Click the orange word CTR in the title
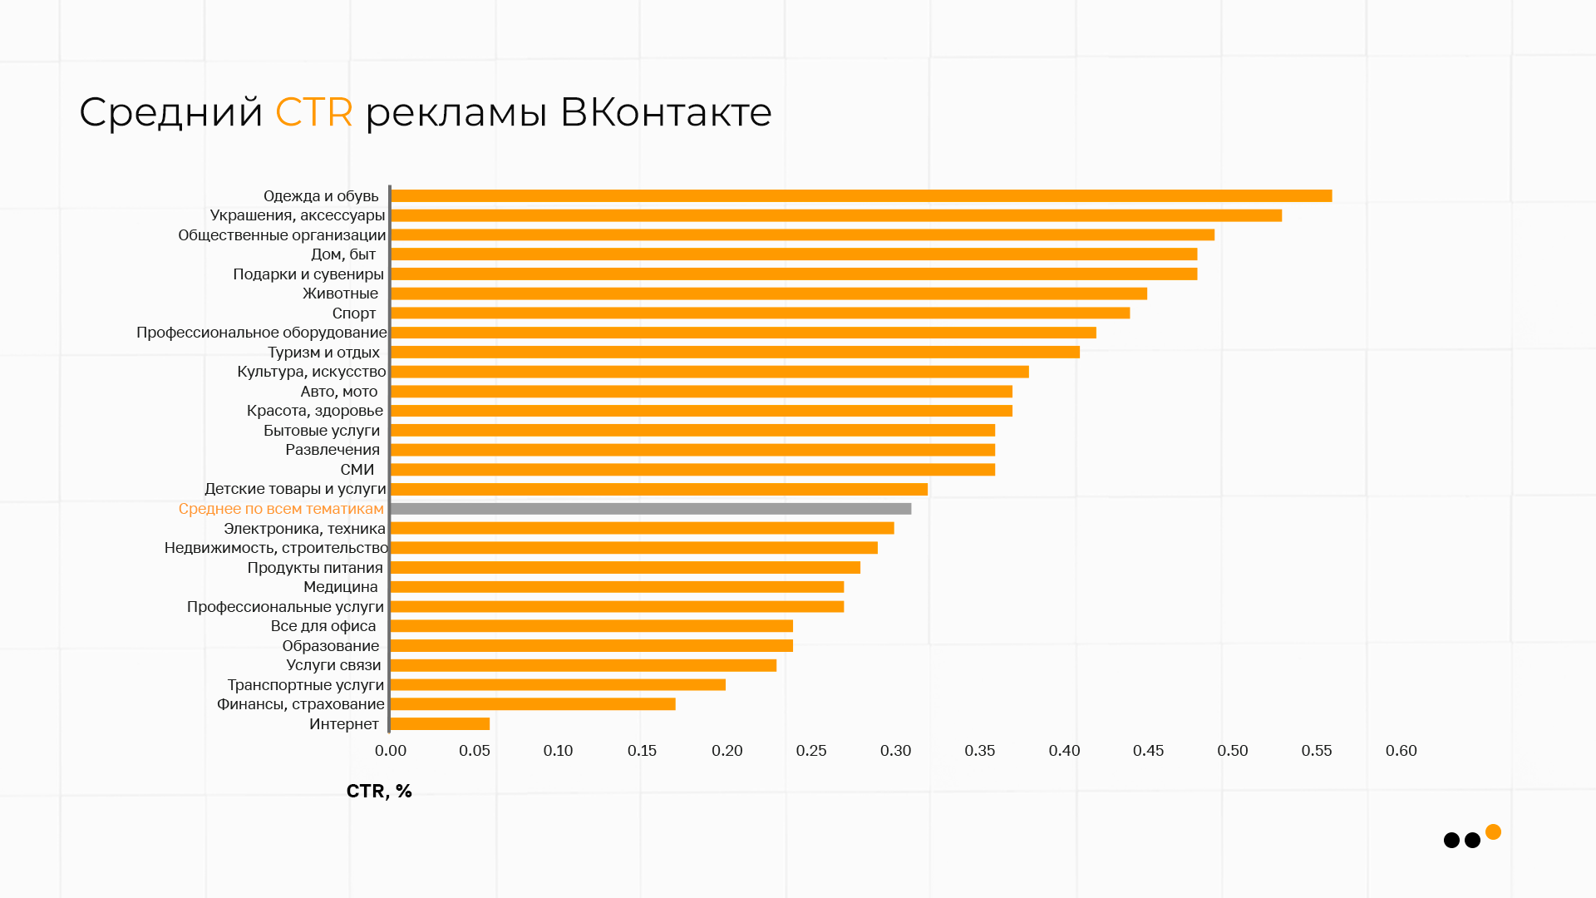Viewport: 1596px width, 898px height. point(313,112)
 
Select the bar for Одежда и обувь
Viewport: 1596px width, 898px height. point(860,196)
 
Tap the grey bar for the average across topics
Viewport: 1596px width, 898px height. point(650,509)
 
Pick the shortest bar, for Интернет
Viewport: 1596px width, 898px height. point(440,724)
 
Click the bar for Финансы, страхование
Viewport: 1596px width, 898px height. point(532,704)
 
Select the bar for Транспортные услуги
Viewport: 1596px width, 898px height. point(557,685)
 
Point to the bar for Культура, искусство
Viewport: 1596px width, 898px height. point(709,372)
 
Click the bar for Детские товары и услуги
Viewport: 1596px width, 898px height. point(658,489)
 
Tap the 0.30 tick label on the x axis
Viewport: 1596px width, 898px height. point(895,751)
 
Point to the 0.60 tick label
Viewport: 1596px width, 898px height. point(1401,751)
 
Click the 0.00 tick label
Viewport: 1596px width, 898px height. point(391,751)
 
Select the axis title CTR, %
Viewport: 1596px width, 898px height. point(379,791)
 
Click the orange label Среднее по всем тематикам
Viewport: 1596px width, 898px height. point(281,509)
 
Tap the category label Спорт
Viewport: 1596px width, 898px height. point(354,313)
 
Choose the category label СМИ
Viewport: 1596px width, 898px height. point(357,470)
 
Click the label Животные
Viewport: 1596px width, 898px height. point(340,294)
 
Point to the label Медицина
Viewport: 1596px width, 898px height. point(341,587)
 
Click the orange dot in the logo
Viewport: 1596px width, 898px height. point(1493,831)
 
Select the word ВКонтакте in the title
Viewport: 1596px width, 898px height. point(666,112)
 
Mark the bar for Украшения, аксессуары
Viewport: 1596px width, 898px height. point(835,215)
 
